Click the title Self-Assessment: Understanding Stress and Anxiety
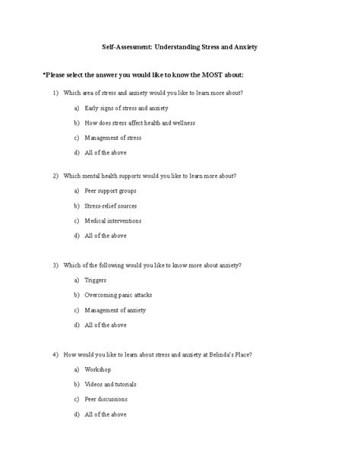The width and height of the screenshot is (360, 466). click(x=180, y=47)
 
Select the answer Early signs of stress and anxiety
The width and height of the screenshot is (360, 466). click(x=126, y=108)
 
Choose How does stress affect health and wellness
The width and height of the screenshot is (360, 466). click(x=140, y=122)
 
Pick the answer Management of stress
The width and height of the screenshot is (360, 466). click(x=113, y=138)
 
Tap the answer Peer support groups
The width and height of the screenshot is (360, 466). click(x=111, y=191)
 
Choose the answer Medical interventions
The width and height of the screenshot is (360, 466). click(x=112, y=220)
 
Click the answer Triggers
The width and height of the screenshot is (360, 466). click(x=96, y=281)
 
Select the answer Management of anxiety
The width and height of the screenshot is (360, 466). click(x=115, y=310)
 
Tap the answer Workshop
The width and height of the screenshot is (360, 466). click(x=98, y=369)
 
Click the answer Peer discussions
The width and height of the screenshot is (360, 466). click(x=106, y=399)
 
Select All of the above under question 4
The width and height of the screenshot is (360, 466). click(x=106, y=414)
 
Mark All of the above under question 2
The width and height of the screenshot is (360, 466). click(x=106, y=236)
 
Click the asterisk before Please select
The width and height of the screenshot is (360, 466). click(x=44, y=74)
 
